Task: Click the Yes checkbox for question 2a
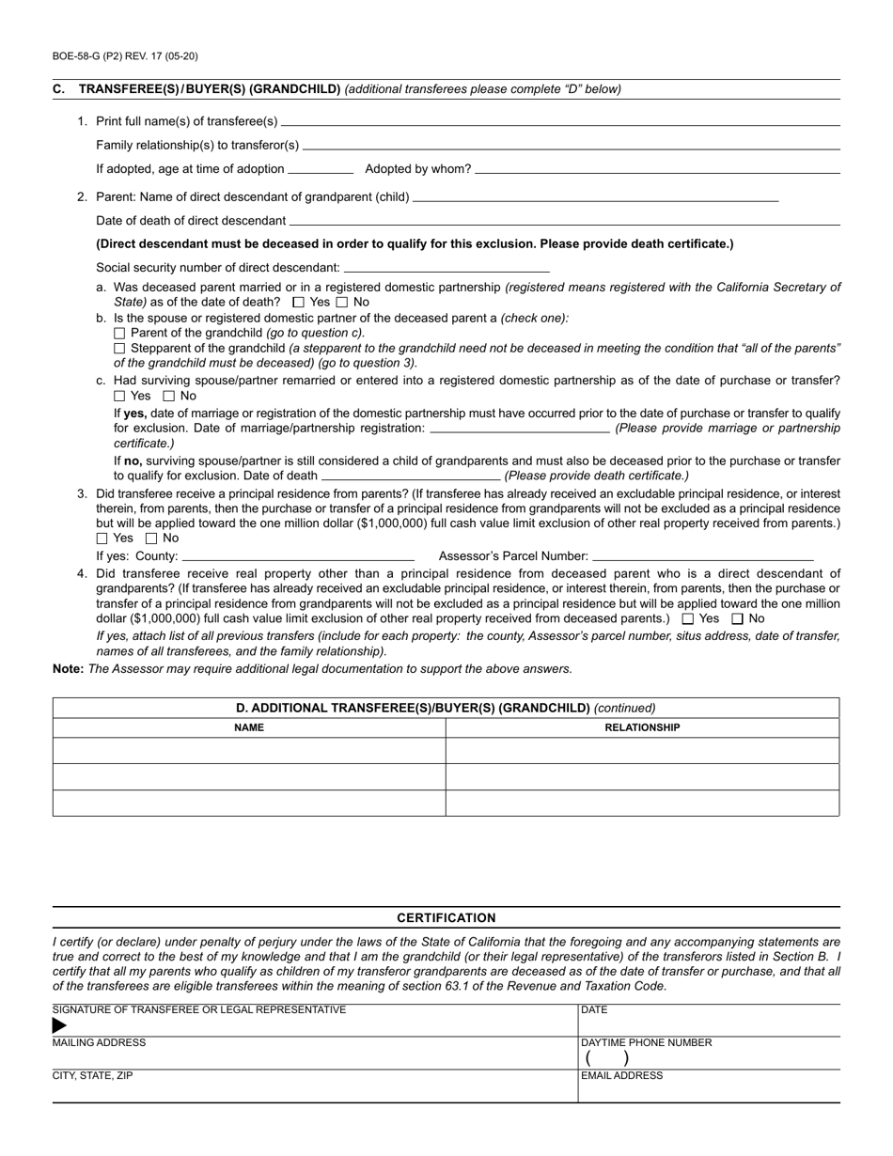[x=299, y=303]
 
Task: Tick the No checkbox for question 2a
[x=341, y=303]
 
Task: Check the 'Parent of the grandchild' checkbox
[x=119, y=333]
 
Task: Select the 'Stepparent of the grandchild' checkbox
[x=119, y=348]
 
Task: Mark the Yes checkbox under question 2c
[x=119, y=397]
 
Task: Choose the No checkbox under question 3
[x=152, y=539]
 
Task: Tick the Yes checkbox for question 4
[x=688, y=618]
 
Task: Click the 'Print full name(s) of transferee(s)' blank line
[x=560, y=122]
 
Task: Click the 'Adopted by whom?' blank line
[x=658, y=170]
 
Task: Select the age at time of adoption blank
[x=321, y=170]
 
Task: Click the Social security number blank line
[x=446, y=269]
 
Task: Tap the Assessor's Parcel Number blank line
[x=703, y=557]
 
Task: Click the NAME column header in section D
[x=249, y=727]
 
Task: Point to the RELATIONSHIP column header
[x=642, y=727]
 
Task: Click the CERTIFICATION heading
[x=446, y=918]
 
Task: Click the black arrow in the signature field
[x=60, y=1025]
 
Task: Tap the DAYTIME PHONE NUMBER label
[x=647, y=1042]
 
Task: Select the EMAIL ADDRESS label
[x=622, y=1076]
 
